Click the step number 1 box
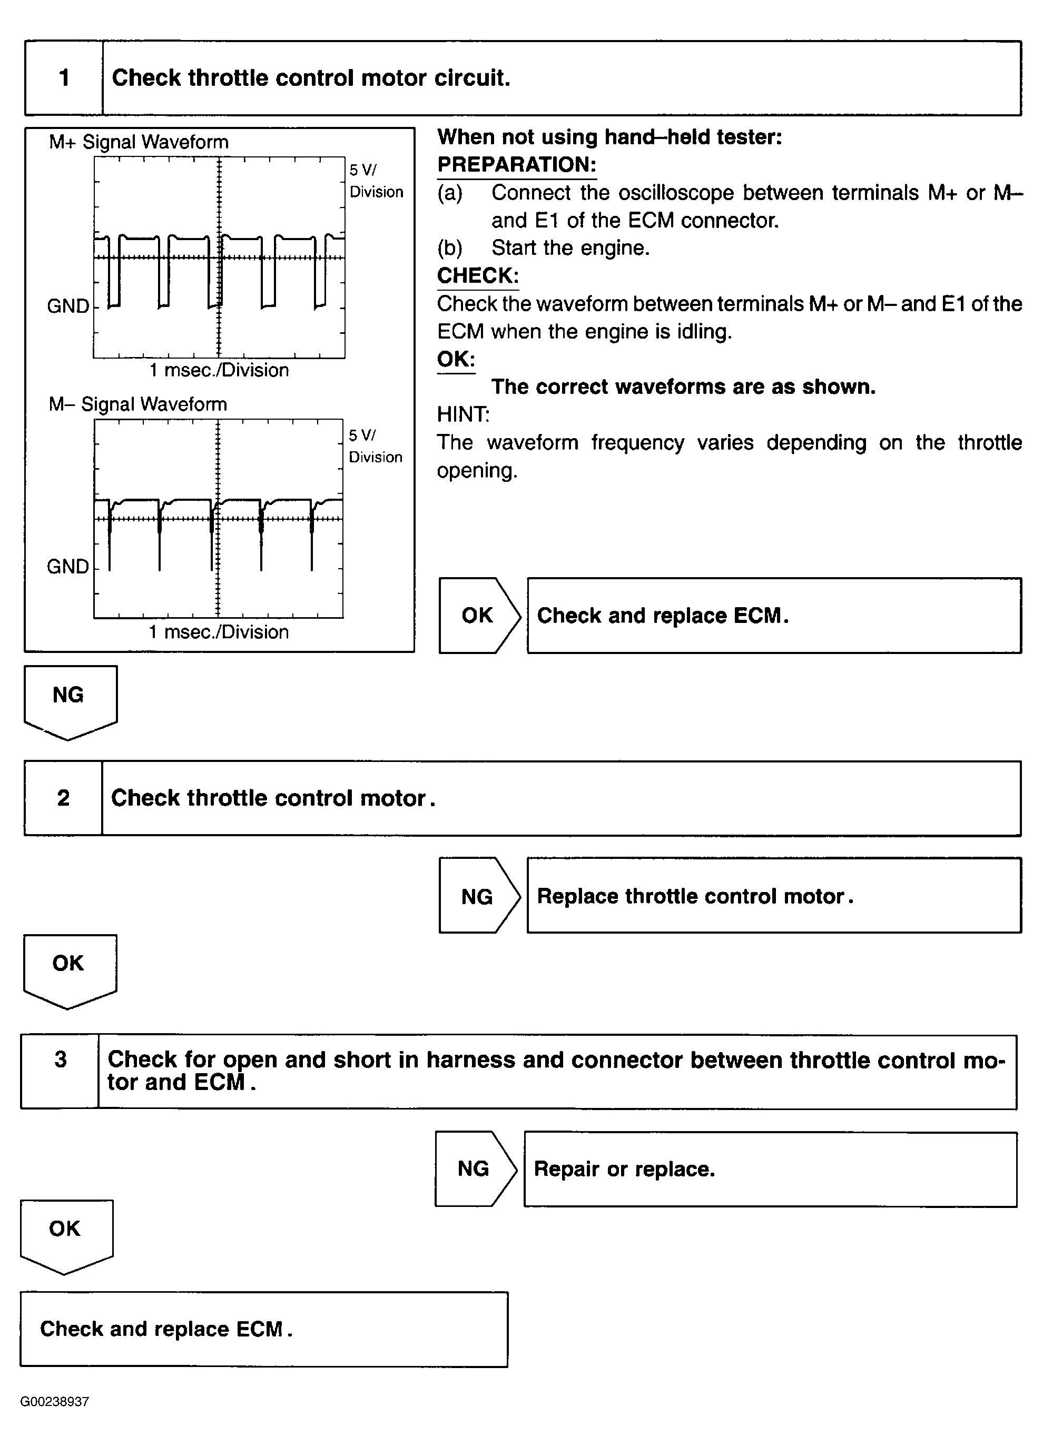[64, 78]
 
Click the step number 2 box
[63, 798]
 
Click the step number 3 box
[60, 1072]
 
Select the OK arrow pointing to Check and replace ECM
[479, 615]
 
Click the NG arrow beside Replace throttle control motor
[479, 896]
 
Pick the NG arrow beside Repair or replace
[475, 1168]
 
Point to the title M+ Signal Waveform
[139, 142]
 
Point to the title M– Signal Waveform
[138, 404]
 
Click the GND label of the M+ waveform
[67, 306]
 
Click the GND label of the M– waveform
[67, 567]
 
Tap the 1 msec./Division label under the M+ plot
[219, 370]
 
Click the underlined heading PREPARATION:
[517, 165]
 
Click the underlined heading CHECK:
[478, 276]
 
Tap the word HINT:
[463, 415]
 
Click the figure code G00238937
[55, 1401]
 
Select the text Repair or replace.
[624, 1170]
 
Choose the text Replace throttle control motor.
[695, 896]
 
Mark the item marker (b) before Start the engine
[450, 248]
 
